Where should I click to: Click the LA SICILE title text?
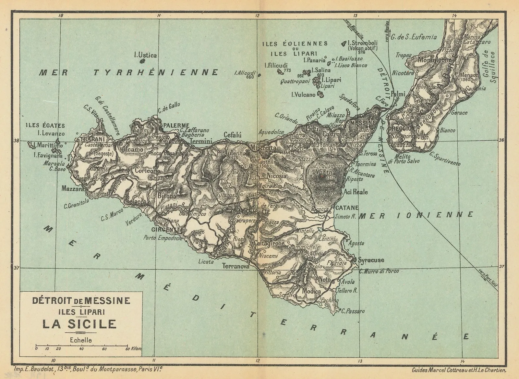[79, 324]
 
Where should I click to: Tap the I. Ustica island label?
[146, 55]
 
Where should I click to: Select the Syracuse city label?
[371, 260]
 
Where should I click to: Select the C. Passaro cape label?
[353, 311]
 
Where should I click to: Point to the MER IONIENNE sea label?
[416, 215]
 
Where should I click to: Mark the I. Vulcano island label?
[303, 95]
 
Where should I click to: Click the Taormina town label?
[366, 164]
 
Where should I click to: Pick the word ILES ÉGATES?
[45, 125]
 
